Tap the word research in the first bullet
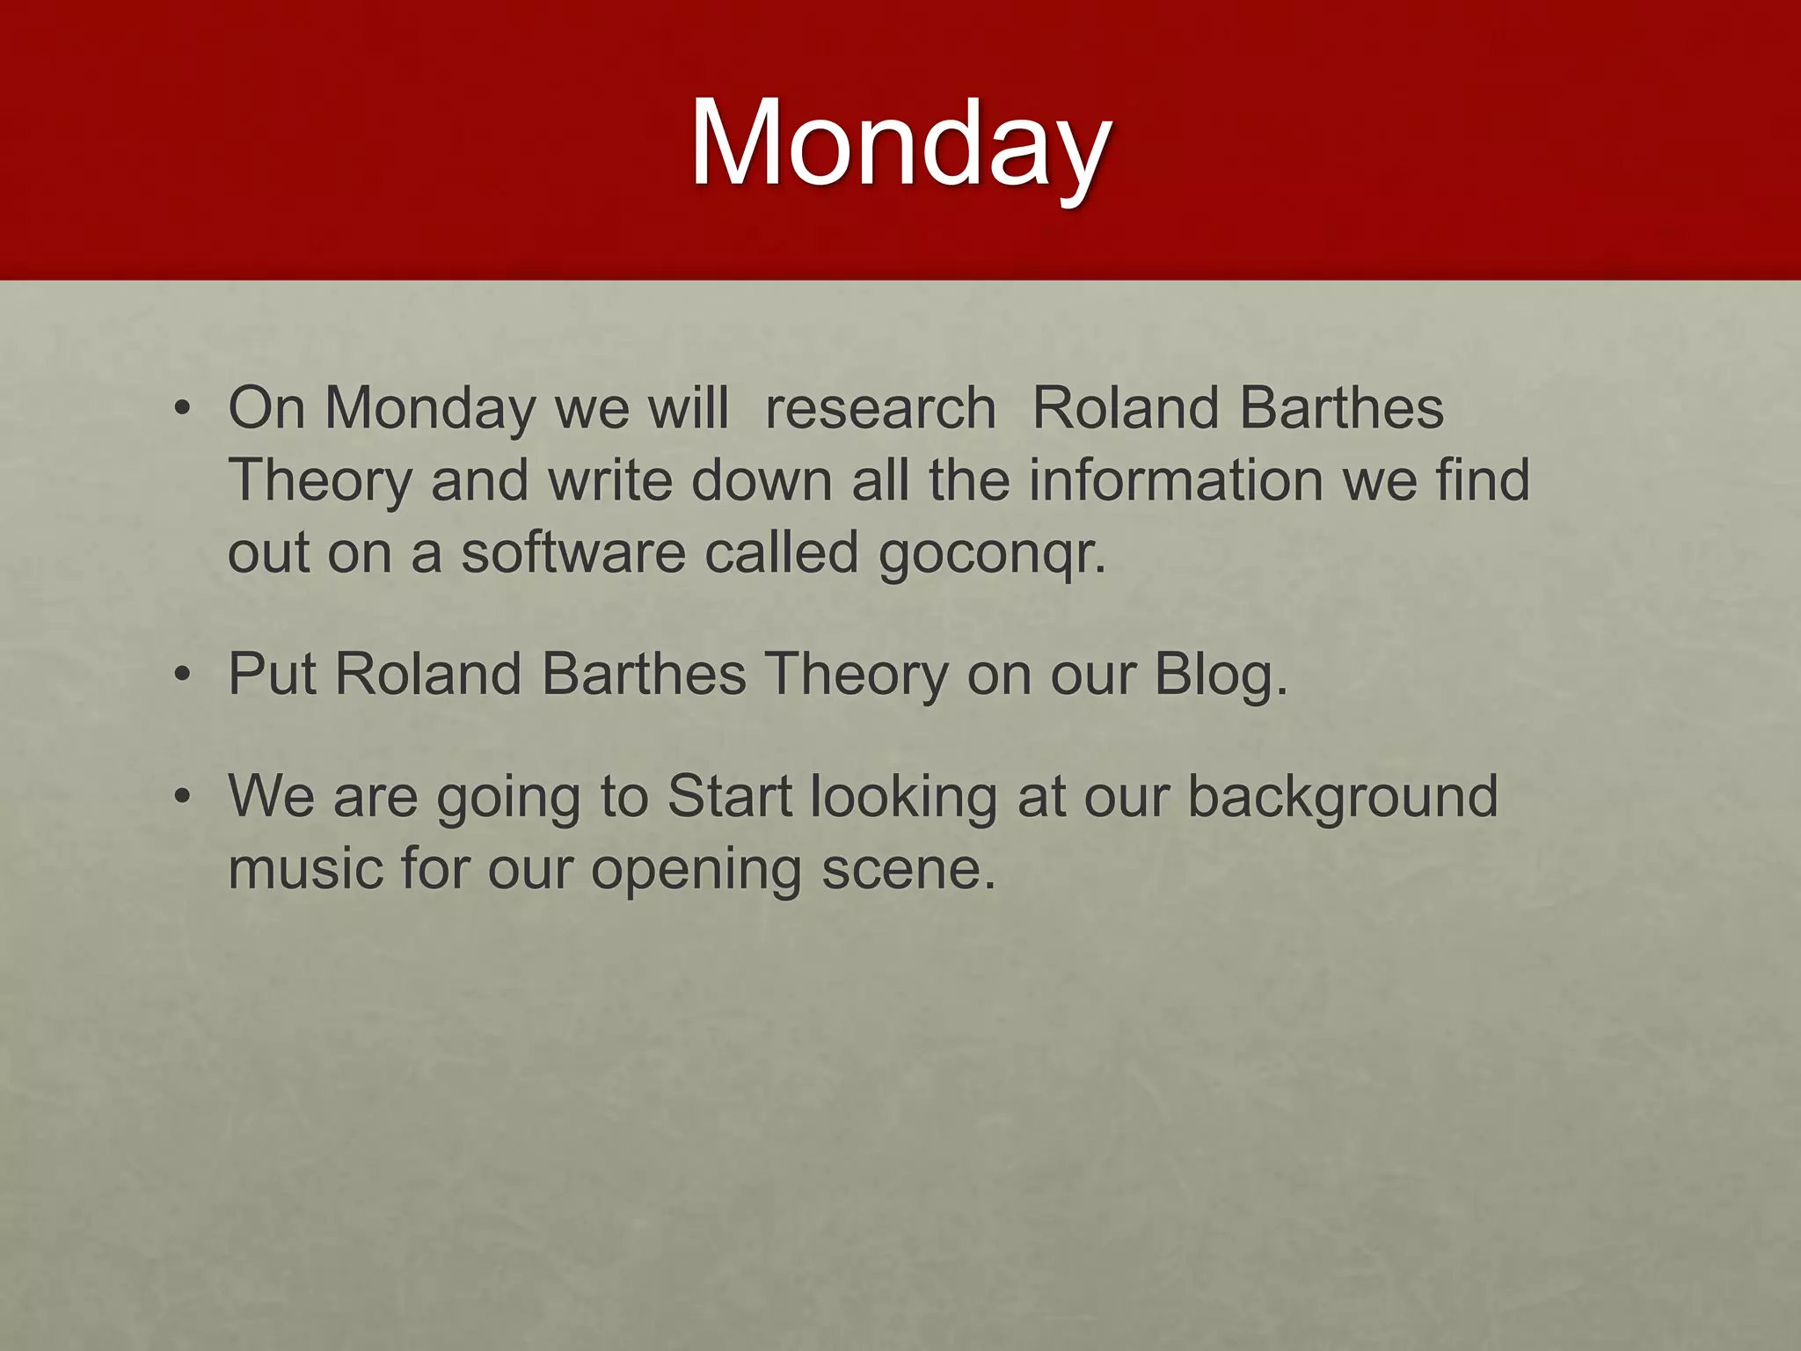tap(880, 409)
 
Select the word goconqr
tap(991, 554)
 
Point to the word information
tap(1177, 481)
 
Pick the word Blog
tap(1220, 675)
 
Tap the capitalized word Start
tap(730, 797)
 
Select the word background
tap(1343, 797)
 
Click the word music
tap(305, 869)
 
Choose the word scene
tap(908, 869)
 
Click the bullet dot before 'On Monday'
tap(182, 410)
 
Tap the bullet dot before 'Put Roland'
tap(182, 675)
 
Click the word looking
tap(903, 798)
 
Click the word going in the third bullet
tap(508, 798)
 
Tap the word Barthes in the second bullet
tap(644, 675)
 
